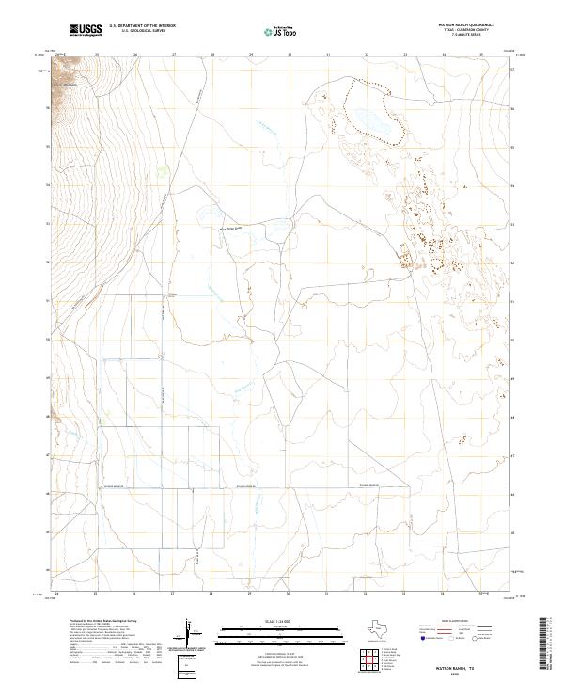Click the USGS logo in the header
(86, 30)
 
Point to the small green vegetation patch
(163, 171)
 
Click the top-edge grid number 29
(251, 55)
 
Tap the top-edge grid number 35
(482, 55)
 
